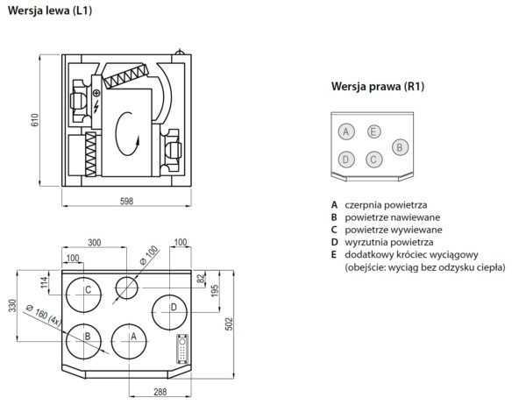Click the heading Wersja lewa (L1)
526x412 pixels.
click(51, 11)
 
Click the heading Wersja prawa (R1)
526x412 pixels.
click(378, 87)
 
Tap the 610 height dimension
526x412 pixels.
click(36, 121)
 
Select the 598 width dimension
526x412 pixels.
click(126, 202)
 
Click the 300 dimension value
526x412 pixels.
click(94, 243)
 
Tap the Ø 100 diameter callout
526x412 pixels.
click(150, 255)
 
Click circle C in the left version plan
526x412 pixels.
click(88, 289)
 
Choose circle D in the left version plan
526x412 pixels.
click(174, 307)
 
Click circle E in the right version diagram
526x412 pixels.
click(373, 131)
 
